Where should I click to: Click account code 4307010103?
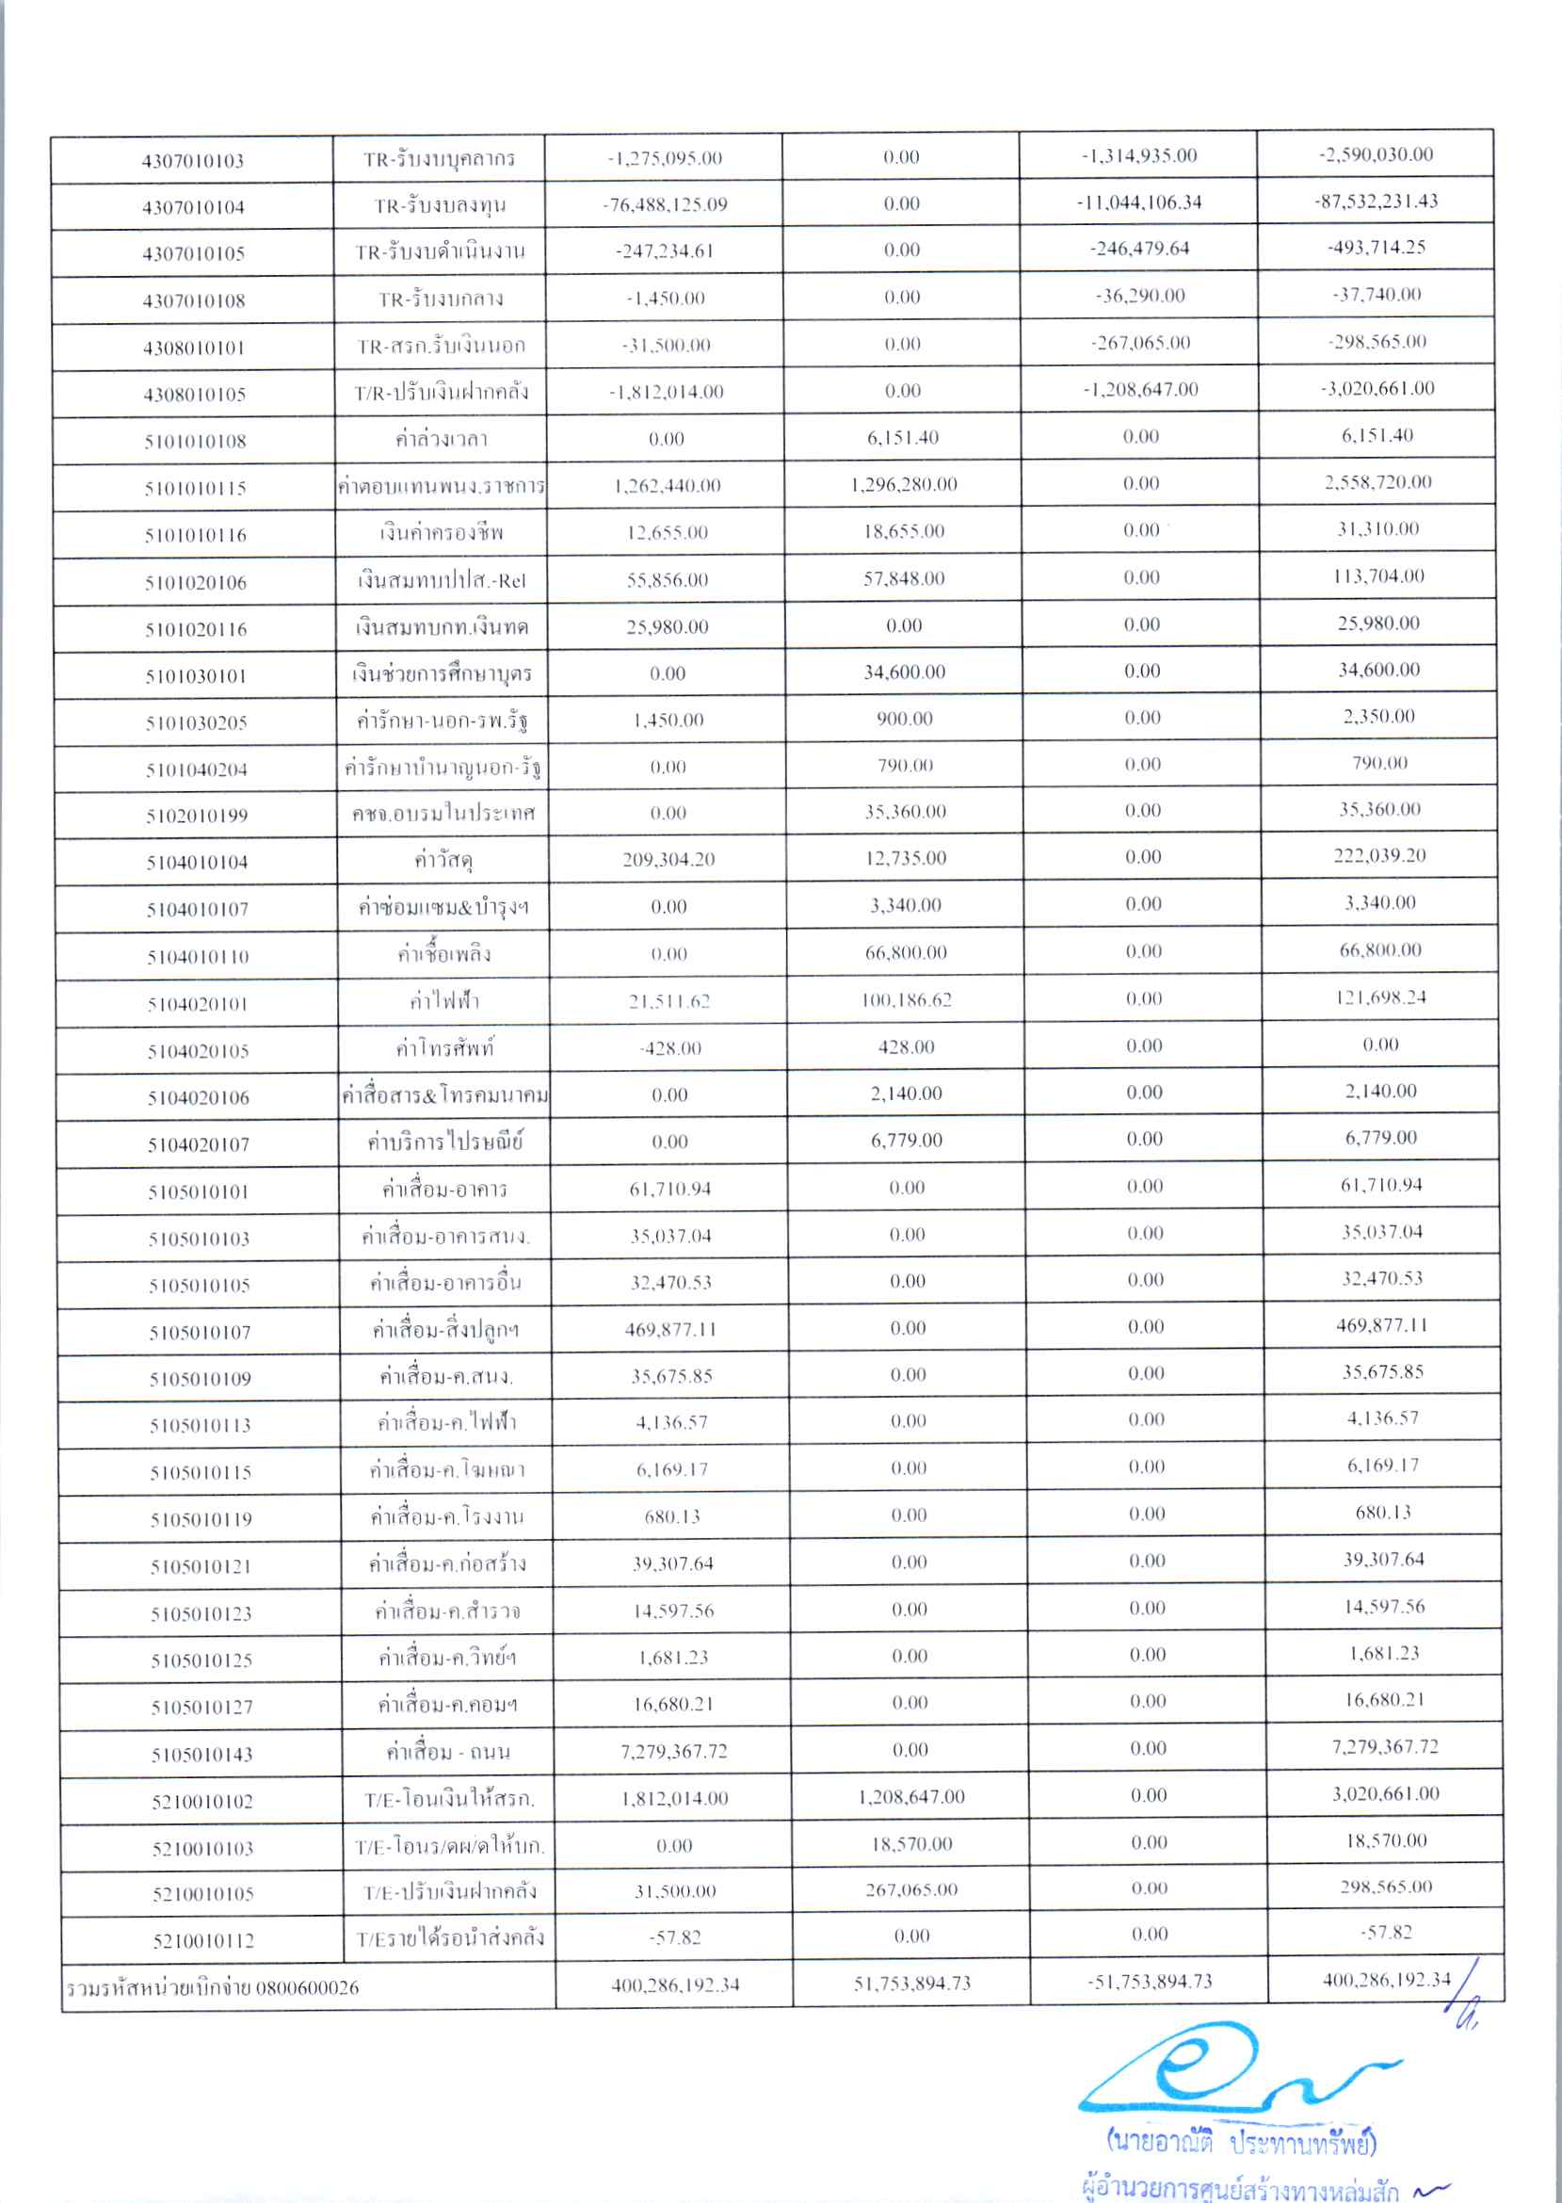pos(192,161)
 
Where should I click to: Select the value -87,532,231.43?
pos(1376,202)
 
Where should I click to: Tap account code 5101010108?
pos(195,442)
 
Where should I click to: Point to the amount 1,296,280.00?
pos(903,485)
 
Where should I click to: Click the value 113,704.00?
pos(1379,576)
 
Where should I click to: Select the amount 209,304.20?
pos(668,860)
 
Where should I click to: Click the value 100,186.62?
pos(906,1000)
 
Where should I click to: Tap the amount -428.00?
pos(670,1048)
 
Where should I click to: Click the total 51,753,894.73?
pos(911,1984)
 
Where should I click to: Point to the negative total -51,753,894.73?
pos(1150,1982)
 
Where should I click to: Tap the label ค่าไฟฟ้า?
pos(443,1001)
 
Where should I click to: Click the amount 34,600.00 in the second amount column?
pos(904,672)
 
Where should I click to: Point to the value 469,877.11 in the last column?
pos(1383,1325)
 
